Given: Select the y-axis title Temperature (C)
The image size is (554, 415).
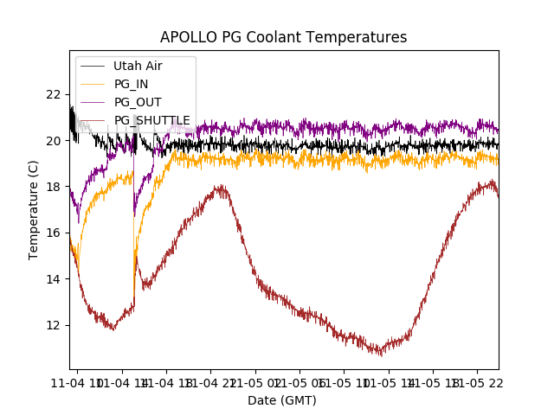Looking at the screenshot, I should (x=34, y=209).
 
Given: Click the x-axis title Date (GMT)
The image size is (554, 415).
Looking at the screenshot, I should (x=282, y=400).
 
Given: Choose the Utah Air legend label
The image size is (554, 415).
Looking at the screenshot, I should (x=138, y=66).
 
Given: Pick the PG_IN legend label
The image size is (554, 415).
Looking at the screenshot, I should (x=132, y=84).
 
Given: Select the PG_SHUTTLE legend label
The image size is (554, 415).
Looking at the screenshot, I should (x=152, y=120).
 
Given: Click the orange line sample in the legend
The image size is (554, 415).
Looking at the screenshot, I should (x=93, y=84).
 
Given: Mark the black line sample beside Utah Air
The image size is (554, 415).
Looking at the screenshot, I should (x=93, y=66).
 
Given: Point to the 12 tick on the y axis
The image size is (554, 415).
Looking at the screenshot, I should (x=54, y=325).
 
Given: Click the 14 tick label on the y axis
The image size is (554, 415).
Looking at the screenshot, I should (x=54, y=279).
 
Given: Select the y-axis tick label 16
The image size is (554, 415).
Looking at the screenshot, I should (x=54, y=233).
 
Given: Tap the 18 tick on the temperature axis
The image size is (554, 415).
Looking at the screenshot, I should (x=54, y=187).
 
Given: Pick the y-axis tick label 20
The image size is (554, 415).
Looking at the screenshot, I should (x=54, y=140).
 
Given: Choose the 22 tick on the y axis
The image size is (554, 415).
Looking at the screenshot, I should (x=54, y=94).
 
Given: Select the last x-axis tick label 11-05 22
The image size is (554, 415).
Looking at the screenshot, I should (x=477, y=381).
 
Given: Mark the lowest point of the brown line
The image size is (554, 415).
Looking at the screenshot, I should (x=379, y=354).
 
